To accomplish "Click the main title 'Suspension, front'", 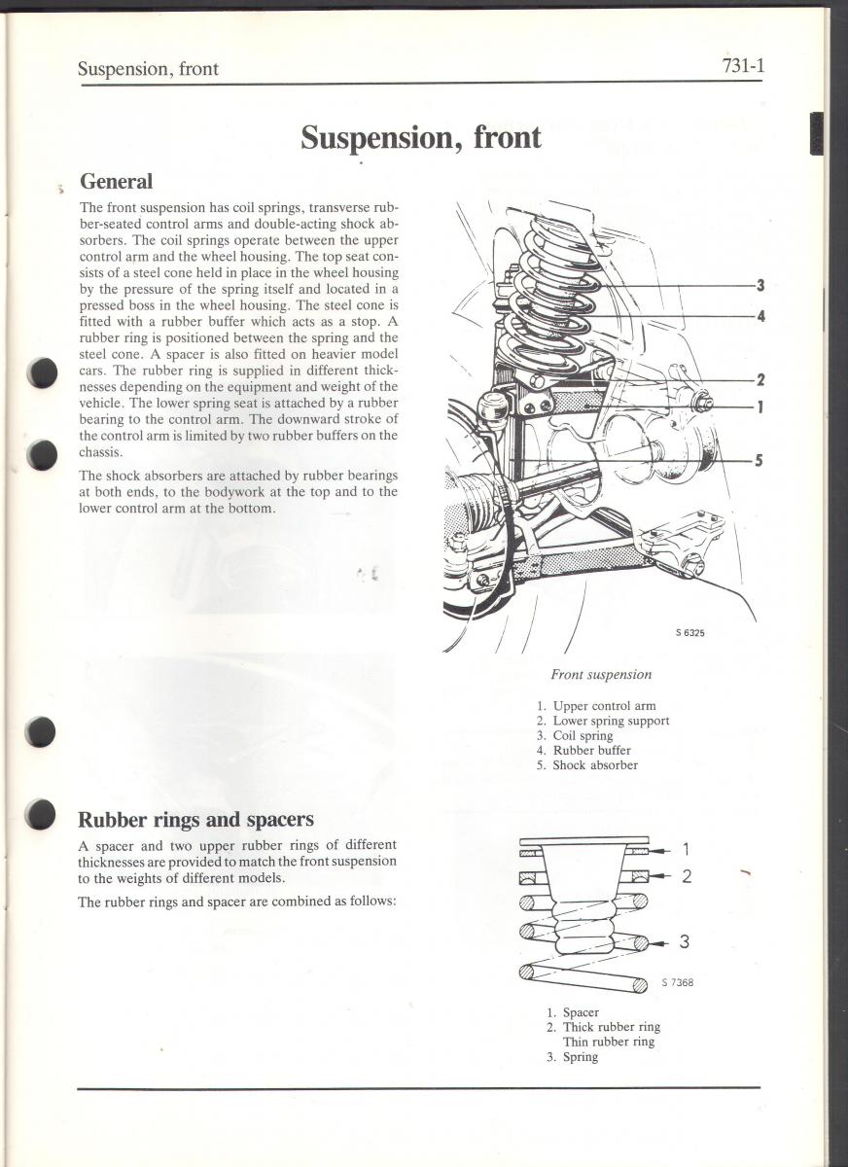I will pyautogui.click(x=420, y=137).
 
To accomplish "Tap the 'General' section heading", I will pyautogui.click(x=116, y=182).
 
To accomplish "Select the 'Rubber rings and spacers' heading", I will pyautogui.click(x=195, y=819).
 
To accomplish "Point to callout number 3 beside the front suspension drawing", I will pyautogui.click(x=760, y=286).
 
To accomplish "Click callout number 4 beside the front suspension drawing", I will pyautogui.click(x=760, y=316).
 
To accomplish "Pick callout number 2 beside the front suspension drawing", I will pyautogui.click(x=760, y=380).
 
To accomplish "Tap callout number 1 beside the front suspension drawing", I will pyautogui.click(x=760, y=407).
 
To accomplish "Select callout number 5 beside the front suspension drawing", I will pyautogui.click(x=760, y=461).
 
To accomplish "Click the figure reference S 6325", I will pyautogui.click(x=690, y=633).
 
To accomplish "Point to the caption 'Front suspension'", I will pyautogui.click(x=601, y=675).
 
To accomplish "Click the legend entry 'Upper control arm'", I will pyautogui.click(x=603, y=706).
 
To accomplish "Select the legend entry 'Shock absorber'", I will pyautogui.click(x=594, y=765).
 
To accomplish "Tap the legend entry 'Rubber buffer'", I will pyautogui.click(x=591, y=751).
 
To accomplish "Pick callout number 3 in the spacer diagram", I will pyautogui.click(x=685, y=941).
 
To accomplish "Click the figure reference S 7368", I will pyautogui.click(x=677, y=982).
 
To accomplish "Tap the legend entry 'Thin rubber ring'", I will pyautogui.click(x=609, y=1042).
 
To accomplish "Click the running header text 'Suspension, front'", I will pyautogui.click(x=148, y=69).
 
